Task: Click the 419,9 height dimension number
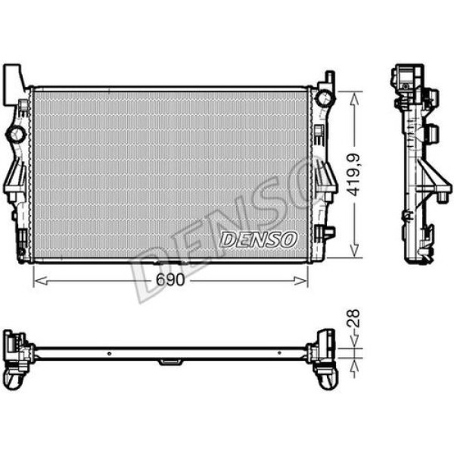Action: pos(353,174)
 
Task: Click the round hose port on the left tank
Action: pos(15,135)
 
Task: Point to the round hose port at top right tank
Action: pos(324,98)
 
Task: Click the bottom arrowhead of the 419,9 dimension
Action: pos(353,253)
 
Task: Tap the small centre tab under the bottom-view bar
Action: pos(168,363)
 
